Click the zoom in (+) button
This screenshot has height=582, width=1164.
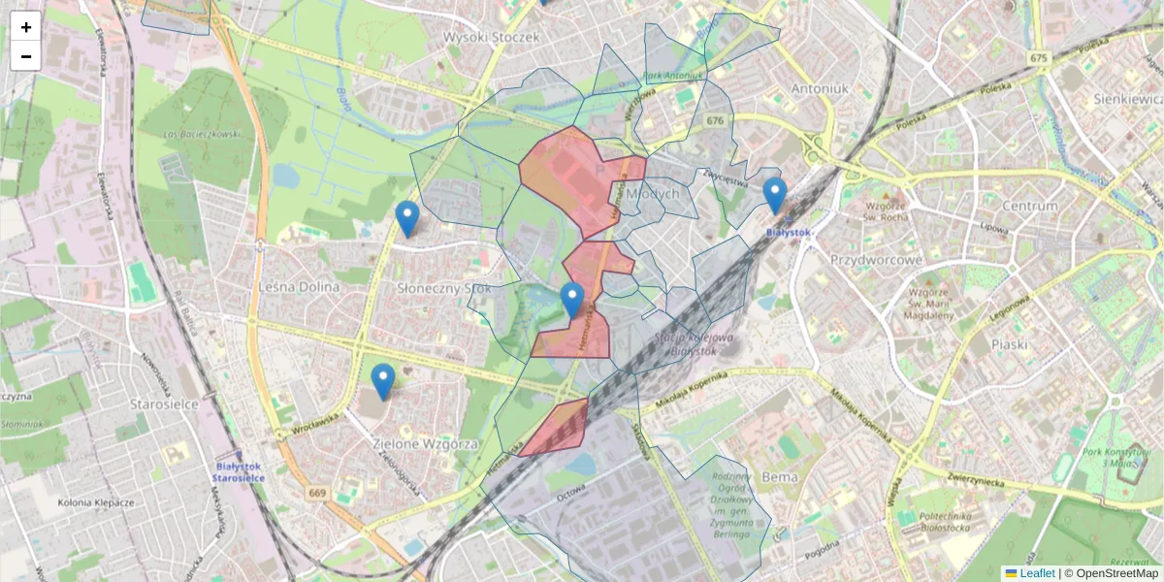coord(26,26)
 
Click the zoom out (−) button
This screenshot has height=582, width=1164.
coord(26,55)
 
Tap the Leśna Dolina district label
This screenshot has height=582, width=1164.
coord(300,287)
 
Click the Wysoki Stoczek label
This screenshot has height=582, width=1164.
coord(490,37)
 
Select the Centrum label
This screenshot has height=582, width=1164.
coord(1029,206)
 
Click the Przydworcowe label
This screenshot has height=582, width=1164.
coord(876,260)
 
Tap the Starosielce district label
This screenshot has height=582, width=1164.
coord(165,404)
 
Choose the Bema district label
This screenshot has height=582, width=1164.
coord(780,476)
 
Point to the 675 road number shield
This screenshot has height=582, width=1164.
coord(1040,58)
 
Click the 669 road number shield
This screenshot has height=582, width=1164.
coord(318,494)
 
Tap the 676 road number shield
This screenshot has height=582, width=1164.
coord(715,120)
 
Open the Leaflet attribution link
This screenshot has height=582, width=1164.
coord(1037,573)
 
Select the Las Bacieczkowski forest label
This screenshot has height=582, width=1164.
coord(203,134)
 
